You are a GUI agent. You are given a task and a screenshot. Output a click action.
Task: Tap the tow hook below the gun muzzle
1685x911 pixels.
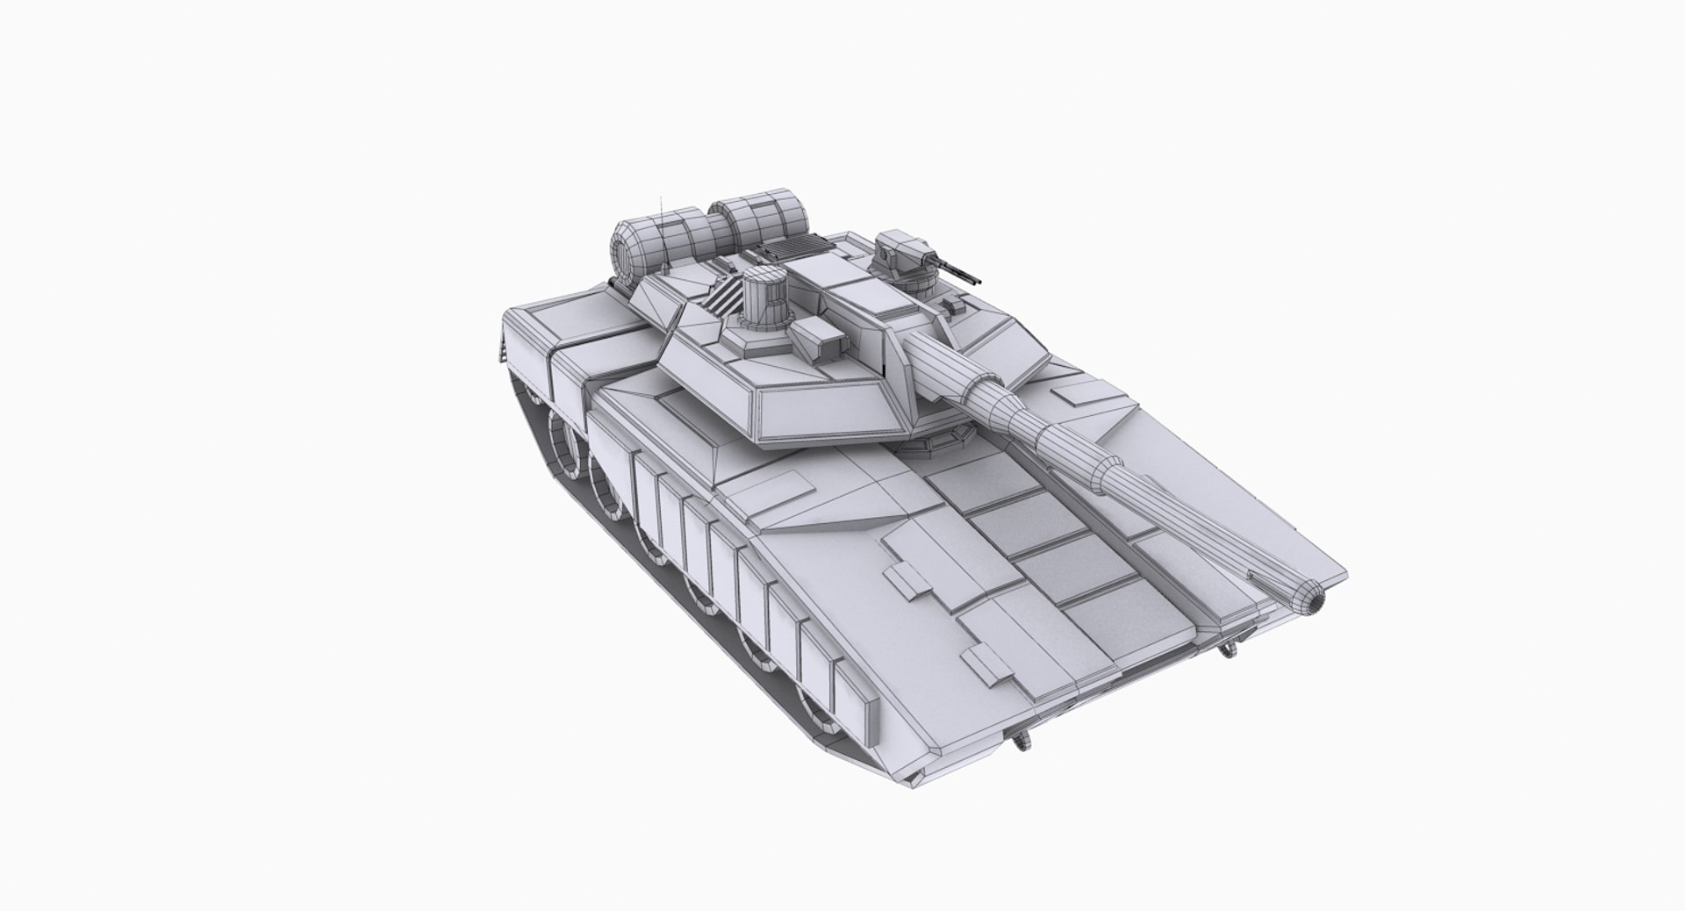pos(1227,649)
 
